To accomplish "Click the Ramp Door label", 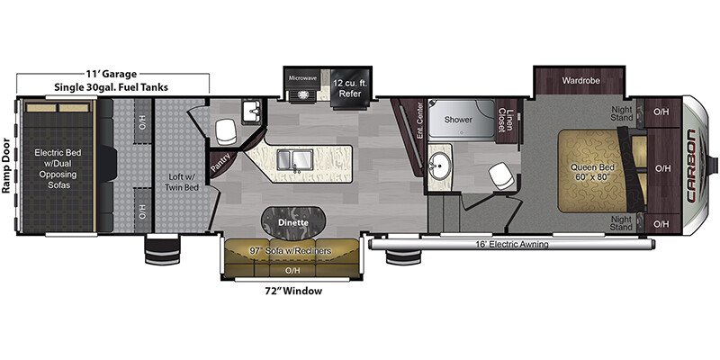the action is click(x=6, y=166).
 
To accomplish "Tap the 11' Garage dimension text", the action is click(x=111, y=74).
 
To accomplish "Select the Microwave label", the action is click(x=302, y=78).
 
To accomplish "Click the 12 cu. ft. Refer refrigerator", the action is click(x=350, y=89).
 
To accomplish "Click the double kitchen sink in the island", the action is click(x=294, y=160).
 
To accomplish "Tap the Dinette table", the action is click(x=293, y=222).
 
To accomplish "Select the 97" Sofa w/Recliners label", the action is click(x=290, y=251).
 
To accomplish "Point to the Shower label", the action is click(x=458, y=120).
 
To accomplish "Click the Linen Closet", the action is click(x=506, y=121).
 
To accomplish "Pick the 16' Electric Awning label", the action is click(x=512, y=245).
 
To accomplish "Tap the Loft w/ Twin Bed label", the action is click(x=182, y=182).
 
